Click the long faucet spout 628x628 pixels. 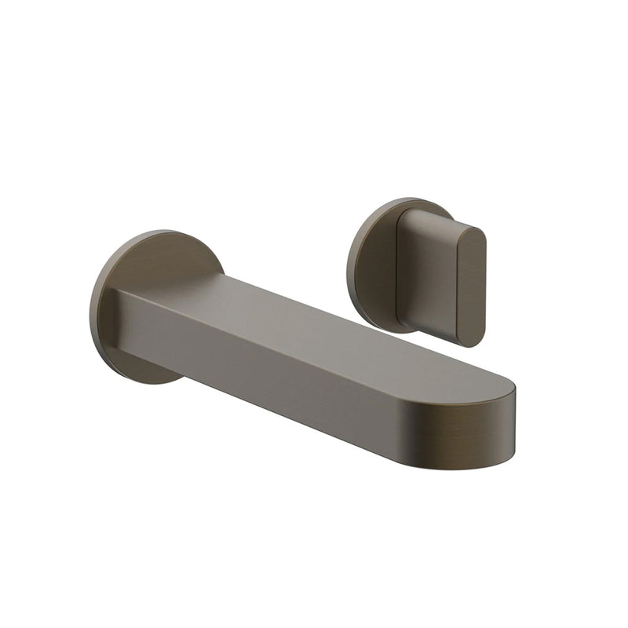(x=314, y=361)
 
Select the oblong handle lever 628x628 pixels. (x=440, y=271)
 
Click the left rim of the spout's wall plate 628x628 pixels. (x=95, y=306)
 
